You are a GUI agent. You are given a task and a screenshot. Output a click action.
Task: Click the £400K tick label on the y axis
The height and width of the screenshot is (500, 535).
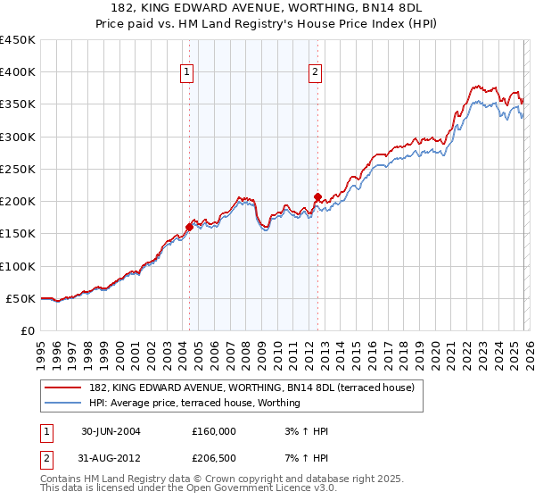coord(17,72)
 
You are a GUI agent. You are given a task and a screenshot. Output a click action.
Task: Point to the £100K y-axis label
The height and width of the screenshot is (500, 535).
coord(17,266)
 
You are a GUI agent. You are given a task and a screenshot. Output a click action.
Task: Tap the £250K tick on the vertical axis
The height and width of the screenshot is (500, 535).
coord(17,169)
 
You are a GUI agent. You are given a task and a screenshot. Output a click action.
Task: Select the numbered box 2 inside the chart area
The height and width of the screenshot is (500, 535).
coord(317,73)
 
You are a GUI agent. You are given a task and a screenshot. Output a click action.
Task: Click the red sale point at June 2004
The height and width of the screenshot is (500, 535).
coord(189,227)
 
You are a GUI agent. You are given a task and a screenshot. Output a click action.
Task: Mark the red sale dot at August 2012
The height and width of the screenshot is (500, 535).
coord(317,196)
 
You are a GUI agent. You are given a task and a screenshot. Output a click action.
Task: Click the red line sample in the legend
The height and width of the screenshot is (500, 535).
coord(63,387)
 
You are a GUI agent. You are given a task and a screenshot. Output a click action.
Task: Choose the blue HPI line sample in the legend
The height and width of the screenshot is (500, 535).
coord(63,403)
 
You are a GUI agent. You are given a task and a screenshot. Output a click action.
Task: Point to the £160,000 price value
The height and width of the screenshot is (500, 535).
coord(214,430)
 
